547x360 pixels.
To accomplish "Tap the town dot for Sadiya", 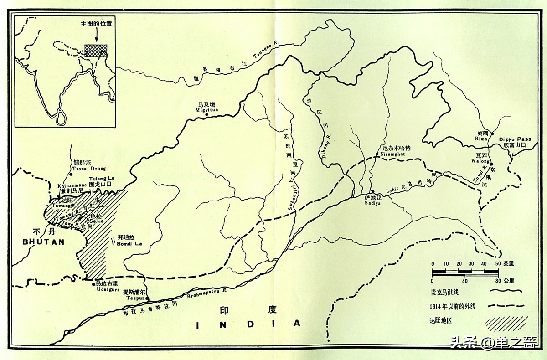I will point(372,192).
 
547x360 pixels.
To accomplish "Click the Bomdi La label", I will point(129,244).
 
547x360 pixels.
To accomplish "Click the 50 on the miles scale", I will point(498,264).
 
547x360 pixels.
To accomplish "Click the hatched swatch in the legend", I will point(506,322).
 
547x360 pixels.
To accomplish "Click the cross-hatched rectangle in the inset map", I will point(96,50).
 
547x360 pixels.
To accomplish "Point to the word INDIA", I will point(248,324).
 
